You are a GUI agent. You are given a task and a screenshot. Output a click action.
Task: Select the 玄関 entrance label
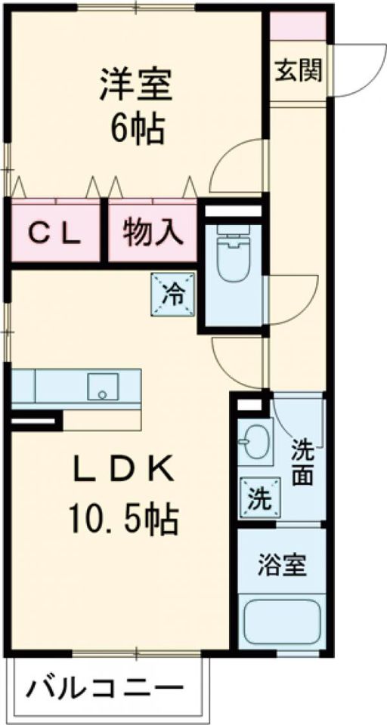pos(299,71)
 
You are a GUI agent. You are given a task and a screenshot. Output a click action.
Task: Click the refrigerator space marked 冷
pos(172,294)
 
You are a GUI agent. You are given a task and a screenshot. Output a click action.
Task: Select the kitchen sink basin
pos(104,387)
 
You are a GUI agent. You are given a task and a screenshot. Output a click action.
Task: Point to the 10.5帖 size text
pos(124,520)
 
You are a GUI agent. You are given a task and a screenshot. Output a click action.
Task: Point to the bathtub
pos(283,622)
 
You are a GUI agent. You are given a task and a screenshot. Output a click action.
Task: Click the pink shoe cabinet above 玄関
pos(298,26)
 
